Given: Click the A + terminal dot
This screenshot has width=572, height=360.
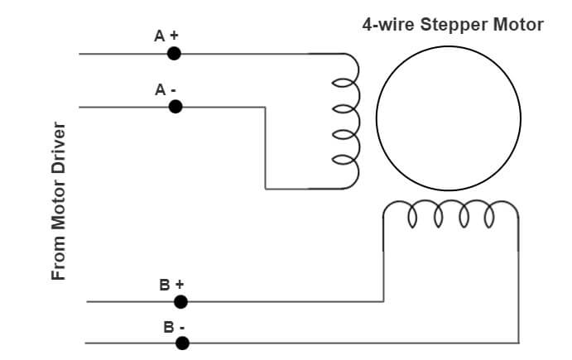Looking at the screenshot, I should click(174, 53).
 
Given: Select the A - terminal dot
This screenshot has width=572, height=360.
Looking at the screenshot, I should click(175, 106).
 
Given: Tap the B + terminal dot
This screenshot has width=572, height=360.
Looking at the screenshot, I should click(180, 301).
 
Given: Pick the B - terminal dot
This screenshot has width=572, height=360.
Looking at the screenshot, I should click(182, 342).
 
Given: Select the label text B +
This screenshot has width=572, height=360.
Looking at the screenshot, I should click(171, 285).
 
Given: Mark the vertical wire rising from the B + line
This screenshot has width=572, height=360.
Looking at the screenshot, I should click(383, 265).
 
